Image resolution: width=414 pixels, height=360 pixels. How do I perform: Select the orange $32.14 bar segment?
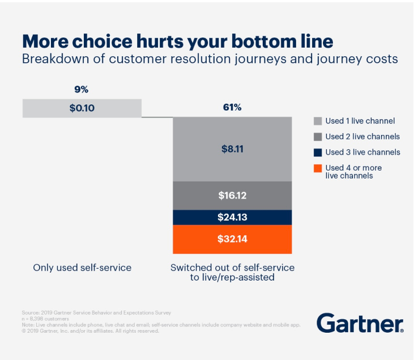[232, 239]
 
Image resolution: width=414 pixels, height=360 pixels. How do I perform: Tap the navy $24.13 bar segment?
[232, 217]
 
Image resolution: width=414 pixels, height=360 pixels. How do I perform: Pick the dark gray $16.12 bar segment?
[232, 196]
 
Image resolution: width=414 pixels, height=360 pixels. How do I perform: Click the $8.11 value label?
[232, 149]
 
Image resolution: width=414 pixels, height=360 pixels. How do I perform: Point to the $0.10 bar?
[82, 108]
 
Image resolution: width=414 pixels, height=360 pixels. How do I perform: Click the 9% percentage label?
[82, 90]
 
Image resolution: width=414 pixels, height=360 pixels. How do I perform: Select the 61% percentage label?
[232, 107]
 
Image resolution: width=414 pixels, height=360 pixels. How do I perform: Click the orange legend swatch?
[318, 168]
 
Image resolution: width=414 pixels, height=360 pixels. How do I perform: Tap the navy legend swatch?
[318, 152]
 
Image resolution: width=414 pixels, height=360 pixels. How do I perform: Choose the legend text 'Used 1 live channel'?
[360, 121]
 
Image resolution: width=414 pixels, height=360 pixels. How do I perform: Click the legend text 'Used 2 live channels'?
[362, 137]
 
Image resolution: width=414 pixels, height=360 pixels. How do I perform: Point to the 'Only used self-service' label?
[82, 268]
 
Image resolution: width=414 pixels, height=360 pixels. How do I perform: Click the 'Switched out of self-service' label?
[232, 268]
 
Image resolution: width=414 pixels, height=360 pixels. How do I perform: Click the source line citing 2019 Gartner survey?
[96, 312]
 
